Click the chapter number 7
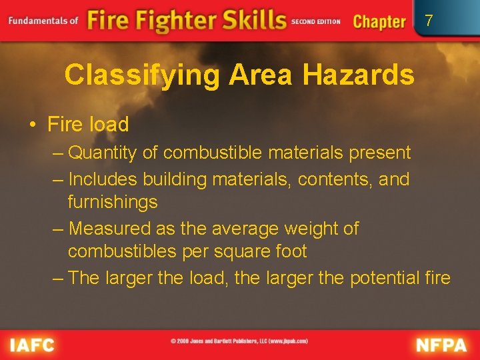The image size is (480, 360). point(429,21)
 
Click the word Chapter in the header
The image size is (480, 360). point(379,21)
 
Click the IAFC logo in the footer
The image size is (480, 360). point(31,345)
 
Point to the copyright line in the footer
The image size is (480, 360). point(239,341)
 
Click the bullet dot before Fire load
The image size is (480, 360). point(32,125)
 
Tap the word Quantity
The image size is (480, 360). point(103,153)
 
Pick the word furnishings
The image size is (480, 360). point(113,202)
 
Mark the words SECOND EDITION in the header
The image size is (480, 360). point(315,21)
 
